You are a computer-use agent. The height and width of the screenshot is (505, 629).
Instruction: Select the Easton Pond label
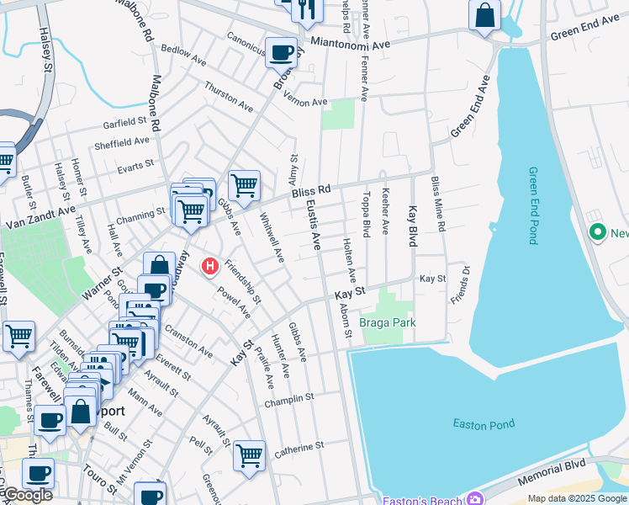(483, 423)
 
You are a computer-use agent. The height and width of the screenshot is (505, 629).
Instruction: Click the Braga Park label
(388, 322)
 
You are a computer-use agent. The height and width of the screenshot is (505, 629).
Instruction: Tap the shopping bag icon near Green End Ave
(485, 14)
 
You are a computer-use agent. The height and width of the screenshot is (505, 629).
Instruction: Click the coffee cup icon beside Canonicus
(282, 53)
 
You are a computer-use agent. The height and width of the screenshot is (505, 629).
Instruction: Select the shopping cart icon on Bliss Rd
(244, 184)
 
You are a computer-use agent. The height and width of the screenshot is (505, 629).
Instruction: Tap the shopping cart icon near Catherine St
(249, 455)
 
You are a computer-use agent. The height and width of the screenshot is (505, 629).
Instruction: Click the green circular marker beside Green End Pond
(599, 231)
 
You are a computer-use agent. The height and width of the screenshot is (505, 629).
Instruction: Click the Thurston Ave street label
(229, 97)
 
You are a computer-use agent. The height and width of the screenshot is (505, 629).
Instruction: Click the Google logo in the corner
(27, 495)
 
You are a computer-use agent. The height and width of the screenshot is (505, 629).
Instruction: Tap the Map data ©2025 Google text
(577, 498)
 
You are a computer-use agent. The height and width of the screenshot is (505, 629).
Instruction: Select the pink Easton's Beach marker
(476, 499)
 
